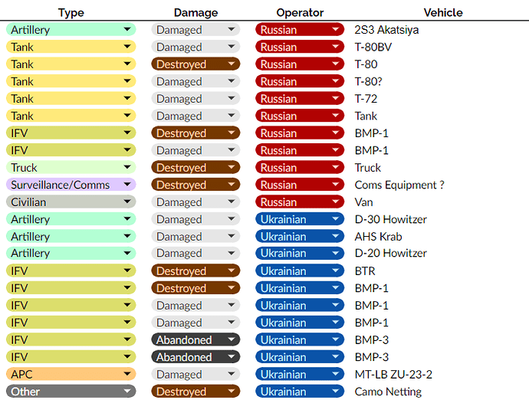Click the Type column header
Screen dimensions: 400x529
[x=71, y=13]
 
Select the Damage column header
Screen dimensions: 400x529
[x=195, y=13]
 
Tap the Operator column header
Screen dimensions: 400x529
[x=300, y=13]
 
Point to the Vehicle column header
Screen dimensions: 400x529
[x=442, y=13]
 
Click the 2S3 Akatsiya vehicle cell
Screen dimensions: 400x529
[x=386, y=30]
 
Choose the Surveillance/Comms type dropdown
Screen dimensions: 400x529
[x=71, y=185]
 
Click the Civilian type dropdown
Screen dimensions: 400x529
[x=71, y=202]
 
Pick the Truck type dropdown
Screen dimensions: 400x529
[x=71, y=168]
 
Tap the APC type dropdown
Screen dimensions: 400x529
[x=71, y=375]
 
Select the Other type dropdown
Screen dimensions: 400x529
[x=71, y=392]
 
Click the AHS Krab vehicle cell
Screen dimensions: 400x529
[x=378, y=237]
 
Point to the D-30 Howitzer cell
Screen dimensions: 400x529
[x=390, y=219]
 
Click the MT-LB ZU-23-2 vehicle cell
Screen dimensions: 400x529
[x=393, y=375]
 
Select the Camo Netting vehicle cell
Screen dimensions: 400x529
[x=388, y=392]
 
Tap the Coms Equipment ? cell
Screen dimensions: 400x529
[x=399, y=185]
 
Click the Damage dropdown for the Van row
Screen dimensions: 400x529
[x=195, y=202]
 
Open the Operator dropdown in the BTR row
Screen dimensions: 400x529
[x=300, y=271]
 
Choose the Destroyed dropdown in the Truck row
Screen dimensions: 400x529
[x=195, y=168]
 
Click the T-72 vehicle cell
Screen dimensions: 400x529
[x=366, y=99]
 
